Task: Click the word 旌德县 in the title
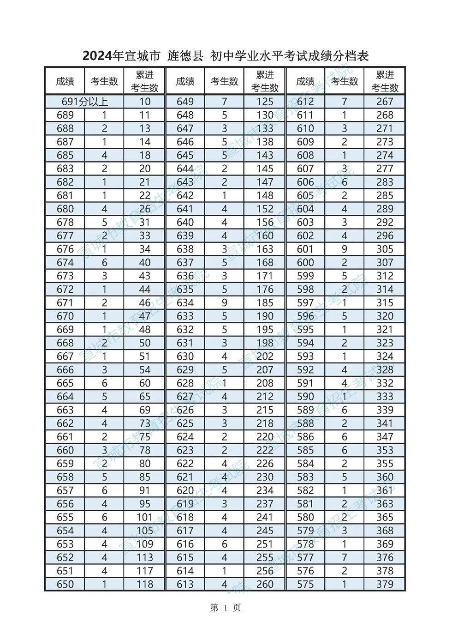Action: click(x=185, y=56)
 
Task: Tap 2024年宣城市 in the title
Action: click(x=121, y=56)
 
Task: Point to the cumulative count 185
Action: click(x=265, y=303)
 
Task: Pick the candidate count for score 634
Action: click(x=224, y=303)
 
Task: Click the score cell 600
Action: click(x=305, y=263)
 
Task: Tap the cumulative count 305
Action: click(x=385, y=249)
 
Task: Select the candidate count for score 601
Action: click(x=345, y=249)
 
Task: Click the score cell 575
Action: click(x=305, y=584)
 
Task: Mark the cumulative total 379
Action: click(x=385, y=584)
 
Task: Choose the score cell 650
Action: click(x=65, y=584)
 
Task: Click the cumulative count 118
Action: click(x=145, y=584)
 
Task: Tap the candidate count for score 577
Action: click(x=345, y=557)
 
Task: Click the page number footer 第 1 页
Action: click(x=226, y=608)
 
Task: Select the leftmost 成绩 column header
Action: click(x=65, y=82)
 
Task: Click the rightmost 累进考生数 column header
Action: click(x=385, y=82)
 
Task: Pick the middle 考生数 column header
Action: click(x=224, y=82)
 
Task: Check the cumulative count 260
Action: click(x=265, y=584)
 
